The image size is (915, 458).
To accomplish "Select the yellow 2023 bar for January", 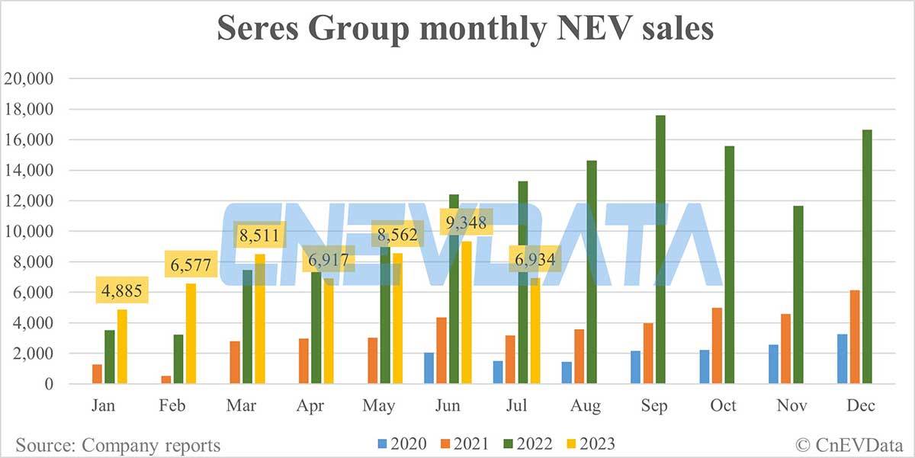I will [x=122, y=347].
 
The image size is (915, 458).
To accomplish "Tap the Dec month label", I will [x=860, y=405].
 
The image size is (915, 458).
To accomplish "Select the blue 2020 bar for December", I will [x=843, y=359].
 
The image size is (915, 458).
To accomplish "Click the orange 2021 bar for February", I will [x=165, y=380].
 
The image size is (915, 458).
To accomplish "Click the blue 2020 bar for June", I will [x=429, y=368].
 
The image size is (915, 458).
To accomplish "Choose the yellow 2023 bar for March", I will [x=260, y=319].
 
